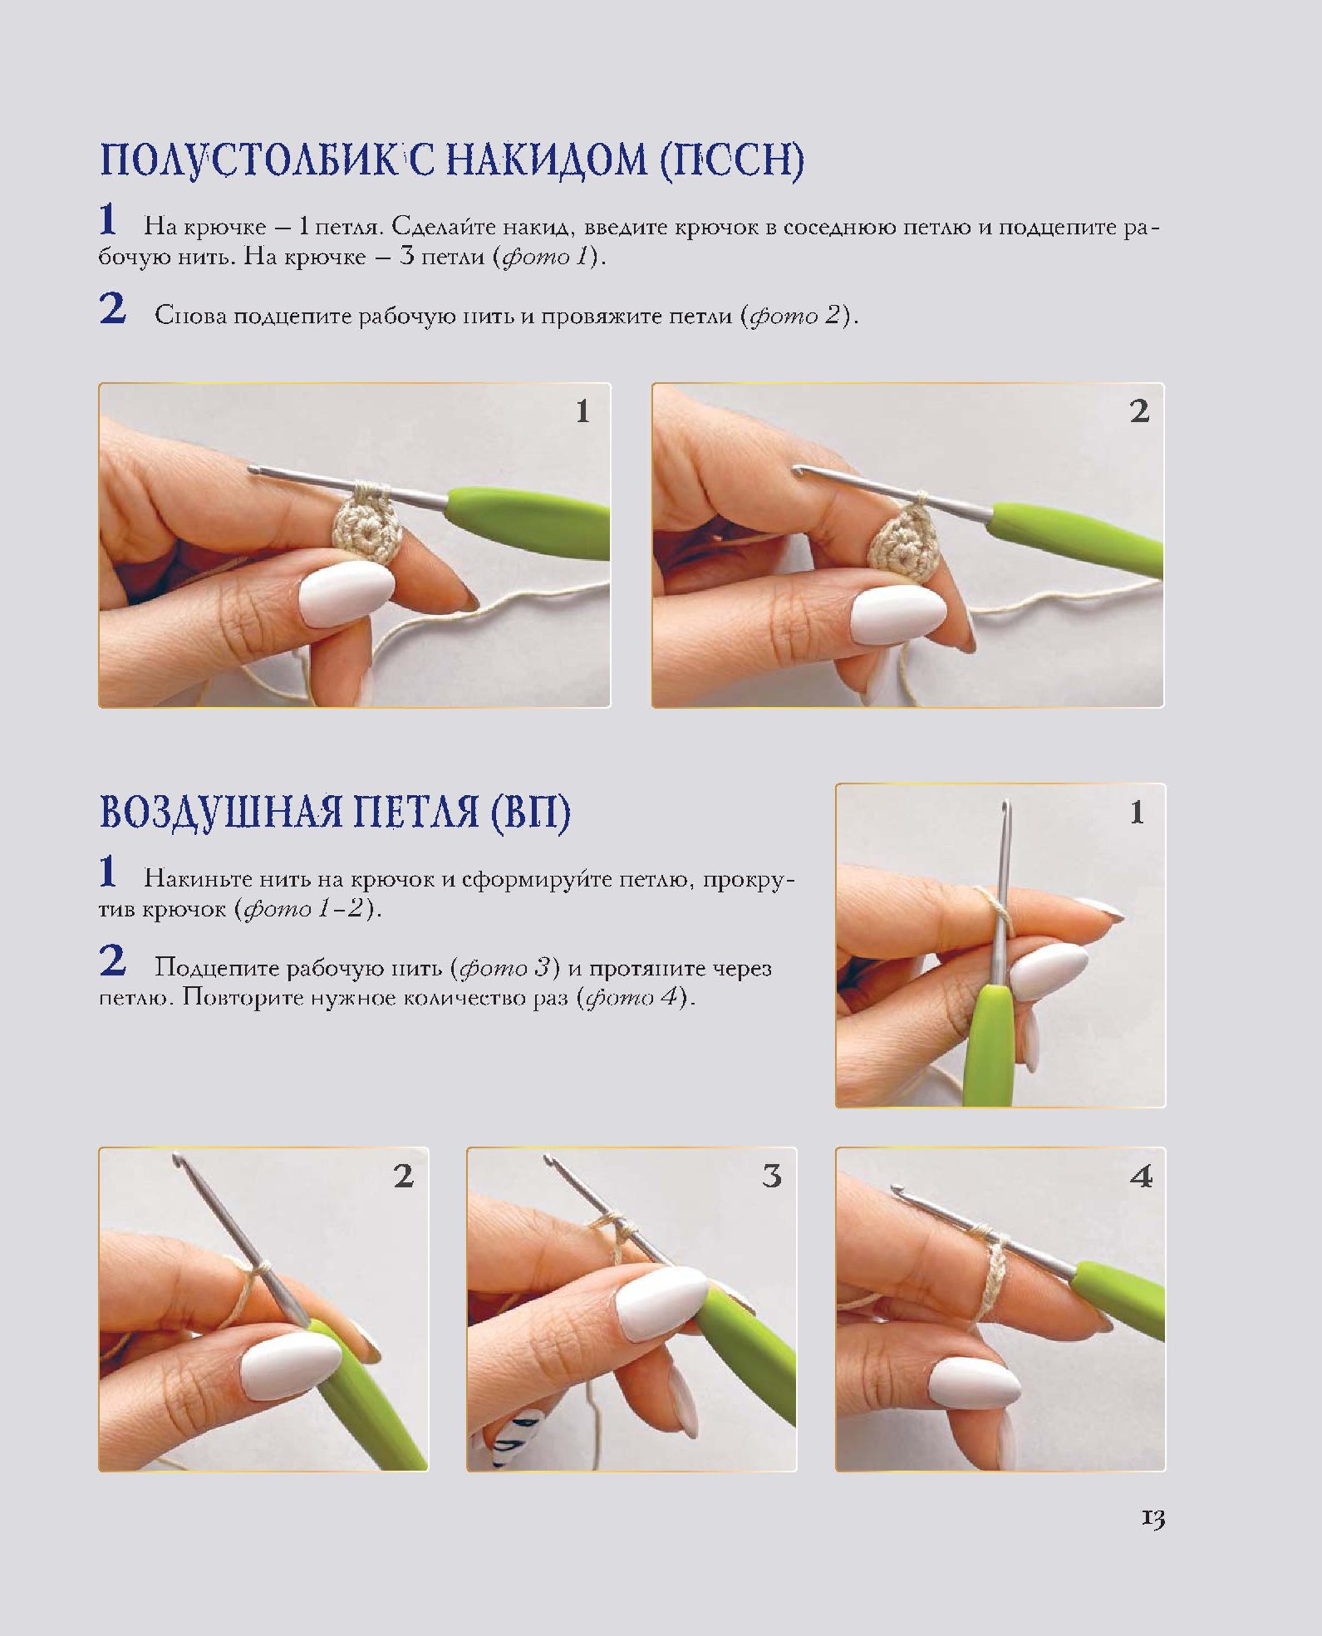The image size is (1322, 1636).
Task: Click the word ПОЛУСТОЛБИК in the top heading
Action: (x=248, y=161)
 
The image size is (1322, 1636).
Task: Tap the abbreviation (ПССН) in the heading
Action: (x=732, y=161)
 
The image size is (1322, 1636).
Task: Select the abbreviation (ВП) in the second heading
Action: (x=529, y=813)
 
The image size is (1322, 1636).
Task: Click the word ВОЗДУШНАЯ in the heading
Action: (x=220, y=813)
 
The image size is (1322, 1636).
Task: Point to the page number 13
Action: (x=1152, y=1519)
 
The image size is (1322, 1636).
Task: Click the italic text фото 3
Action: (x=504, y=968)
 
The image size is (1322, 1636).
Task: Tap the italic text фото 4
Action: (x=633, y=997)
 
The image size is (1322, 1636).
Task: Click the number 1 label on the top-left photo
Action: (x=582, y=411)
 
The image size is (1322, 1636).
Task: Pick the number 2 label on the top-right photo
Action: (x=1139, y=411)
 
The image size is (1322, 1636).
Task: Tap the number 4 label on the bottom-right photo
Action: (x=1141, y=1176)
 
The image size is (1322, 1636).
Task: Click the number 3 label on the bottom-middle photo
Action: (x=772, y=1176)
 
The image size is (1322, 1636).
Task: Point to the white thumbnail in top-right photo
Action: (x=899, y=615)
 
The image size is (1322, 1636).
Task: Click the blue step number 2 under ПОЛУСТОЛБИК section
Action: (x=113, y=310)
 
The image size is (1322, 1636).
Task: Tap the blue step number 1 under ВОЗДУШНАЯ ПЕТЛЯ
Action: (x=108, y=872)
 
